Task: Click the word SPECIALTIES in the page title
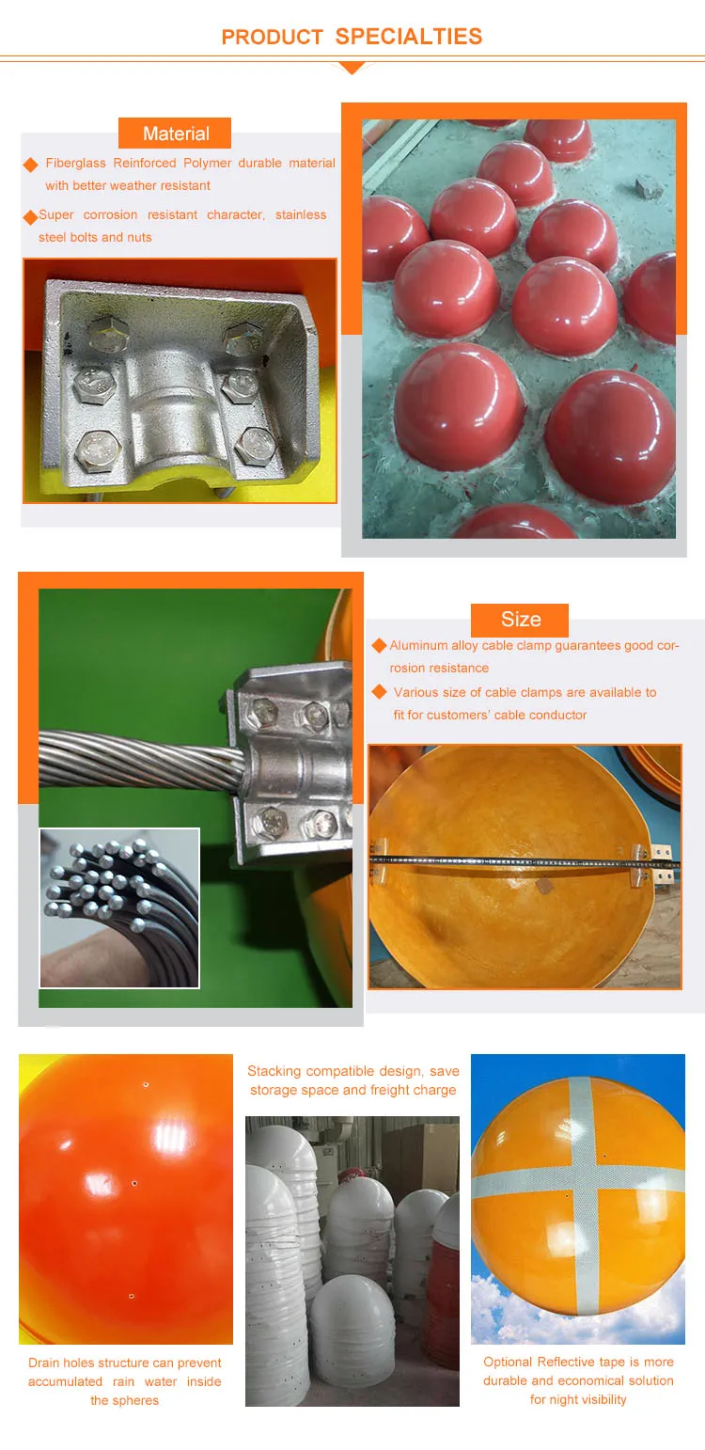tap(408, 37)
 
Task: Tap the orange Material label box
tap(175, 134)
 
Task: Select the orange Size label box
tap(520, 620)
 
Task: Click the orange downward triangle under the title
tap(352, 68)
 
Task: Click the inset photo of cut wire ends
tap(119, 907)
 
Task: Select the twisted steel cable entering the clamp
tap(132, 756)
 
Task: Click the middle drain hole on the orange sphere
tap(134, 1183)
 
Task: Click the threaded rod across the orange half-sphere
tap(508, 859)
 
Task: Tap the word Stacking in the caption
tap(275, 1072)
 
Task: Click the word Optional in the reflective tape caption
tap(508, 1363)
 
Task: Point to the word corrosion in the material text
tap(110, 215)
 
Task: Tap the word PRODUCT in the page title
tap(259, 38)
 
